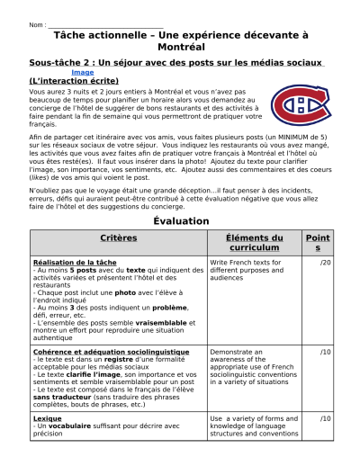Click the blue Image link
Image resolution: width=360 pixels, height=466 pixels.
(82, 72)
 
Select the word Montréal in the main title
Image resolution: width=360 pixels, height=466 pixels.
(180, 45)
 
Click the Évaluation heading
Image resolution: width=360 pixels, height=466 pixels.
(180, 220)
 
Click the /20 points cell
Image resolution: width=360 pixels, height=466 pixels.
(325, 263)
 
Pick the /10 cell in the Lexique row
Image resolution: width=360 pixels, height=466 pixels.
(325, 419)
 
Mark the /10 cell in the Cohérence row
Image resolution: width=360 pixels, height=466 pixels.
(325, 351)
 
